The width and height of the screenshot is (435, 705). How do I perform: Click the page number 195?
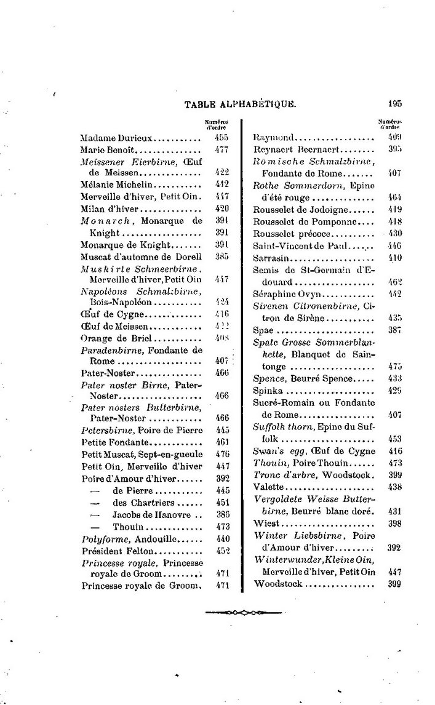pyautogui.click(x=395, y=105)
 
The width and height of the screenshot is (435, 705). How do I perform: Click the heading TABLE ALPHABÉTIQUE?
pyautogui.click(x=240, y=105)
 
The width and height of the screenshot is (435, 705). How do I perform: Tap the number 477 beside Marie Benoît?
pyautogui.click(x=222, y=149)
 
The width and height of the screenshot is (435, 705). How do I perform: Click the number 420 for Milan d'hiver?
pyautogui.click(x=222, y=209)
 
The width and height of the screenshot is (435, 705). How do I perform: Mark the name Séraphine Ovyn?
pyautogui.click(x=284, y=294)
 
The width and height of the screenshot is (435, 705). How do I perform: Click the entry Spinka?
pyautogui.click(x=268, y=391)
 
